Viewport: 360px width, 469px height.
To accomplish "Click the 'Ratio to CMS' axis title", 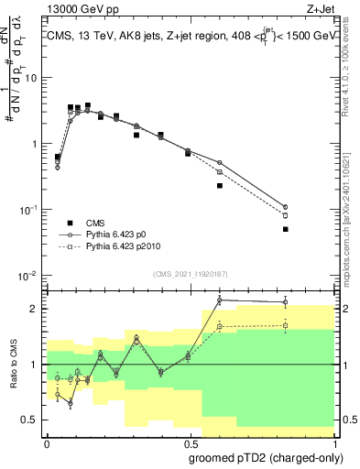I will tap(14, 364).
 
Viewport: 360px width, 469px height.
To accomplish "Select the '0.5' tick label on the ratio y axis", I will tap(31, 420).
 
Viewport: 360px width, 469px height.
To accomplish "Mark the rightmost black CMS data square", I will tap(286, 229).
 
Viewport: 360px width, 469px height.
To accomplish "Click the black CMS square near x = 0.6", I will tap(220, 185).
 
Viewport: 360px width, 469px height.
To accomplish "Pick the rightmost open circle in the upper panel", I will tap(286, 207).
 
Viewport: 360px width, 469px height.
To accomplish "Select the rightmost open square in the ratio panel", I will tap(286, 325).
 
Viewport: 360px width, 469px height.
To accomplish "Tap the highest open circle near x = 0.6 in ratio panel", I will tap(220, 300).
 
